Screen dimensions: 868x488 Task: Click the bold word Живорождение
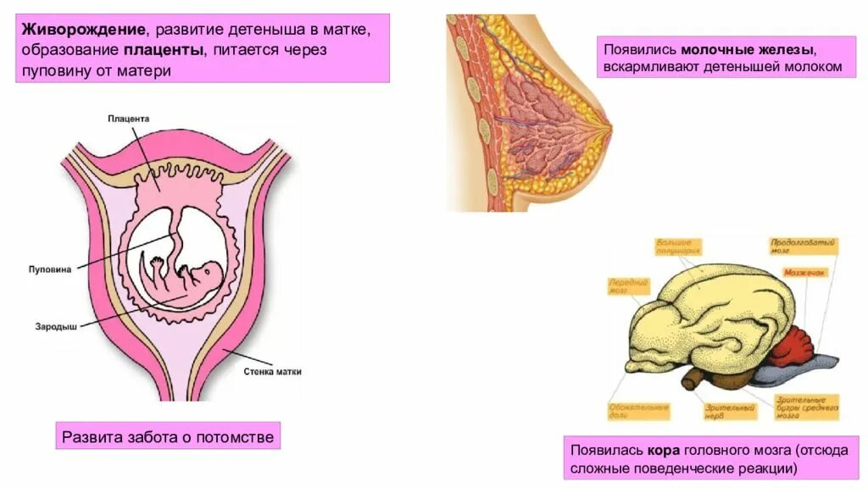(82, 30)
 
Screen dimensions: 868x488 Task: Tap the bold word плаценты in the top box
(168, 51)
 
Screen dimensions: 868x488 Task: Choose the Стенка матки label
(272, 371)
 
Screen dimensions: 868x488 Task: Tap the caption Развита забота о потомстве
(168, 437)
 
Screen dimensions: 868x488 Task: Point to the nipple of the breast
(607, 128)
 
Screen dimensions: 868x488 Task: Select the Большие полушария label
(680, 247)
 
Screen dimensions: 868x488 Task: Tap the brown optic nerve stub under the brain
(694, 378)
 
